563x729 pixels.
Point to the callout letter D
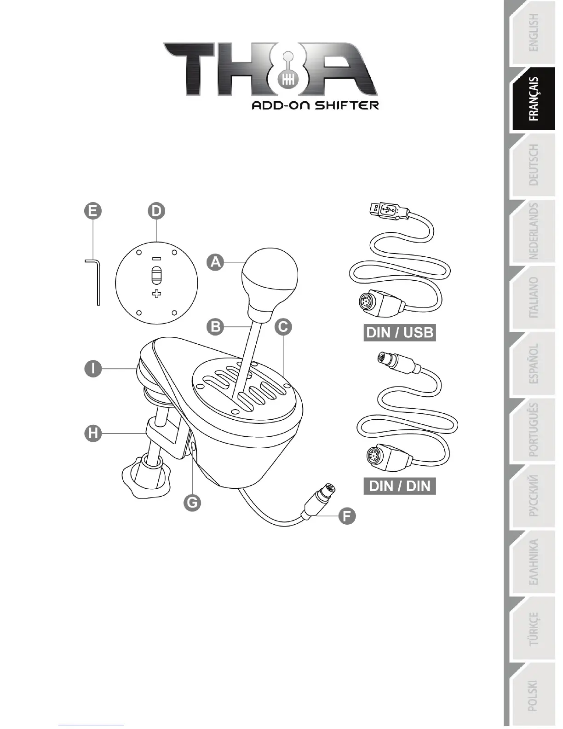pyautogui.click(x=156, y=211)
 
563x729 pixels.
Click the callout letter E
pyautogui.click(x=92, y=211)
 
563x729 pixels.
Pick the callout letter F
pyautogui.click(x=347, y=515)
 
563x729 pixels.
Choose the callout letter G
pyautogui.click(x=192, y=502)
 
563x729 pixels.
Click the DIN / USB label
pyautogui.click(x=400, y=332)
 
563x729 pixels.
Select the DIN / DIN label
pyautogui.click(x=400, y=486)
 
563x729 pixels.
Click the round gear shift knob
pyautogui.click(x=270, y=277)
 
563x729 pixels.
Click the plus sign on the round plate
pyautogui.click(x=157, y=294)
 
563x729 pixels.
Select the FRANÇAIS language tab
pyautogui.click(x=534, y=99)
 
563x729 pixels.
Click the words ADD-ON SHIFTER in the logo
pyautogui.click(x=315, y=105)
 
